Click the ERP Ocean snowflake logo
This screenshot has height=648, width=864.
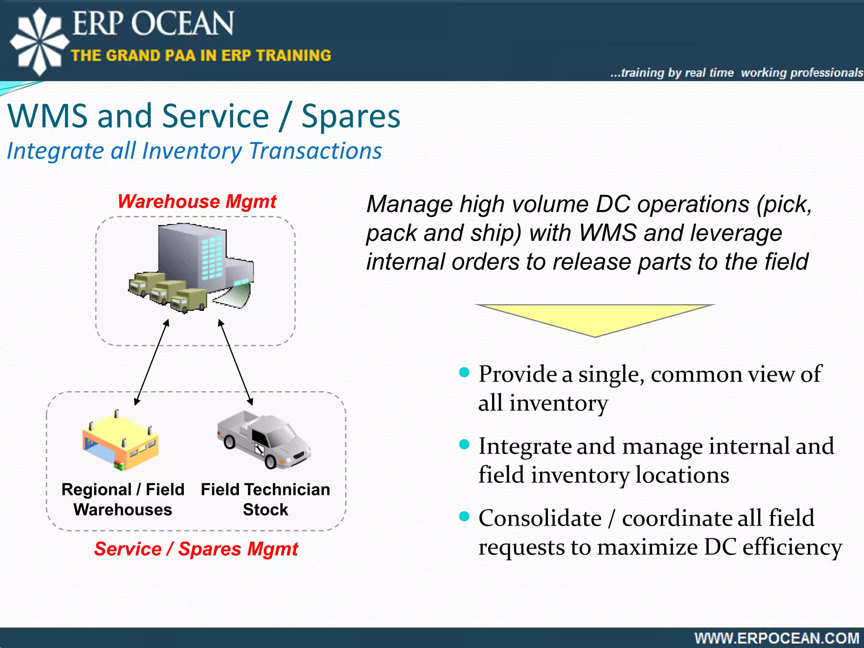(x=39, y=41)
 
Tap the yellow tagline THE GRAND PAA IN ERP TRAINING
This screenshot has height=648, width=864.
(x=201, y=55)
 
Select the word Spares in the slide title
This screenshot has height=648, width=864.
(x=351, y=116)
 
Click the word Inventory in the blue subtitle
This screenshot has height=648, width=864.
(x=192, y=151)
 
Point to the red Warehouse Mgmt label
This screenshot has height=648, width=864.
(x=197, y=201)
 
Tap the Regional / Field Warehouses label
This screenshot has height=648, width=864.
(x=123, y=499)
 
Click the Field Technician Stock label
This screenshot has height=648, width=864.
(x=265, y=499)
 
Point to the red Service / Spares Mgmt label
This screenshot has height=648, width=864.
(x=196, y=549)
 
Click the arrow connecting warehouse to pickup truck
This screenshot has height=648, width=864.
(x=235, y=362)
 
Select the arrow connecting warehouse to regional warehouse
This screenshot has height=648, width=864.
(x=152, y=362)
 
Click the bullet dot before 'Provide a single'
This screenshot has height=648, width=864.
(x=464, y=372)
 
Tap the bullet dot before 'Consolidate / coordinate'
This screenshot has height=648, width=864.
(x=464, y=516)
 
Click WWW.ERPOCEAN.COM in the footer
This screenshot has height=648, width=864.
(x=777, y=638)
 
